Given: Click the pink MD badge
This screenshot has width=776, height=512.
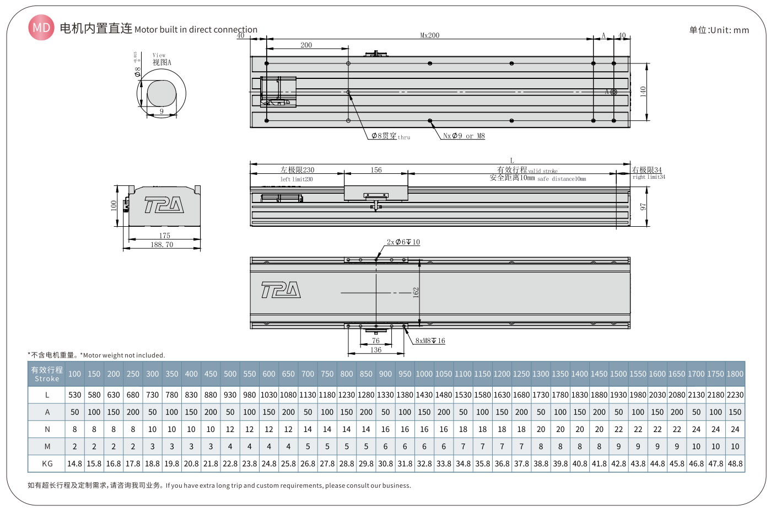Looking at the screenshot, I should [x=41, y=28].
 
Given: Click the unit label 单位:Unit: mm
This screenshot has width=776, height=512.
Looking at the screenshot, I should [x=719, y=30].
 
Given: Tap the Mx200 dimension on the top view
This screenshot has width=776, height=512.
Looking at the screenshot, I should [x=430, y=35].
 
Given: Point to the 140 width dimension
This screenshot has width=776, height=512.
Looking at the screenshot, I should [x=643, y=92].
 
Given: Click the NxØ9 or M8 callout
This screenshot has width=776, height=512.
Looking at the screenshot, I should [x=464, y=136].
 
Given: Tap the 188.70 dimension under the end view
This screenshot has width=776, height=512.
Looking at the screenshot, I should [x=162, y=244].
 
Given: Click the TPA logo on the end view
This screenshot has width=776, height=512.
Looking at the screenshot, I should [x=164, y=205].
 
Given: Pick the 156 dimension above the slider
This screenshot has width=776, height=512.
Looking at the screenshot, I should [x=376, y=170].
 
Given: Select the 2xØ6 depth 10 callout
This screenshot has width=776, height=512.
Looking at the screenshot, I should [x=403, y=242].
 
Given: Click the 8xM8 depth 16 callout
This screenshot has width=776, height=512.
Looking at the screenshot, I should [x=430, y=341].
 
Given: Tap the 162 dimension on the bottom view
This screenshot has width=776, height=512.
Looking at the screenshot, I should [x=416, y=292].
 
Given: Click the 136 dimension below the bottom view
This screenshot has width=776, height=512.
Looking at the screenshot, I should [x=376, y=350].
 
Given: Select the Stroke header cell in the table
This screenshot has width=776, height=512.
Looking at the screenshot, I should [x=47, y=374].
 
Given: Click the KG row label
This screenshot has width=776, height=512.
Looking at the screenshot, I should [x=47, y=463].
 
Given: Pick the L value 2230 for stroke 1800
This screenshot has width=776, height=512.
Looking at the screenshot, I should [x=735, y=395].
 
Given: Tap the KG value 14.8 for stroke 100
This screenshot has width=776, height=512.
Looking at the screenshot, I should [x=74, y=463].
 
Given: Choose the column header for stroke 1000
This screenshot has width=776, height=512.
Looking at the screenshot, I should [x=424, y=374].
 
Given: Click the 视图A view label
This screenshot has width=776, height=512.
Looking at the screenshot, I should [x=161, y=62].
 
